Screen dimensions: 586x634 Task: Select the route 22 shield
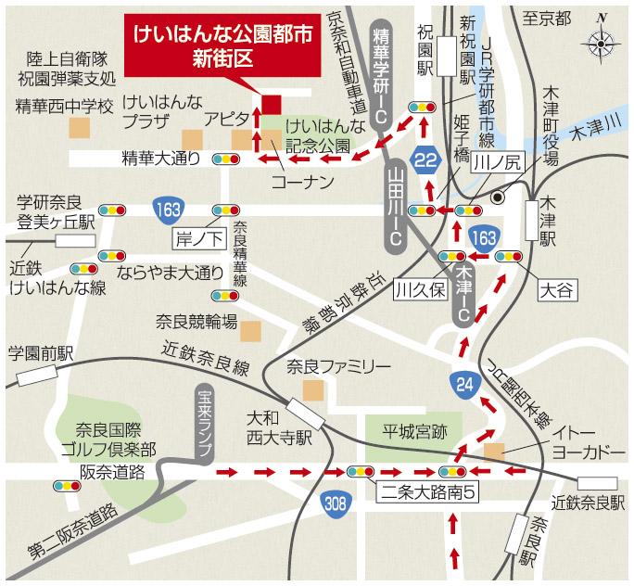point(426,159)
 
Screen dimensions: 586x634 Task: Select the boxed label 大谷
point(557,289)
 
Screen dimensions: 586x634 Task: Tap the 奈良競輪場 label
point(197,322)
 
